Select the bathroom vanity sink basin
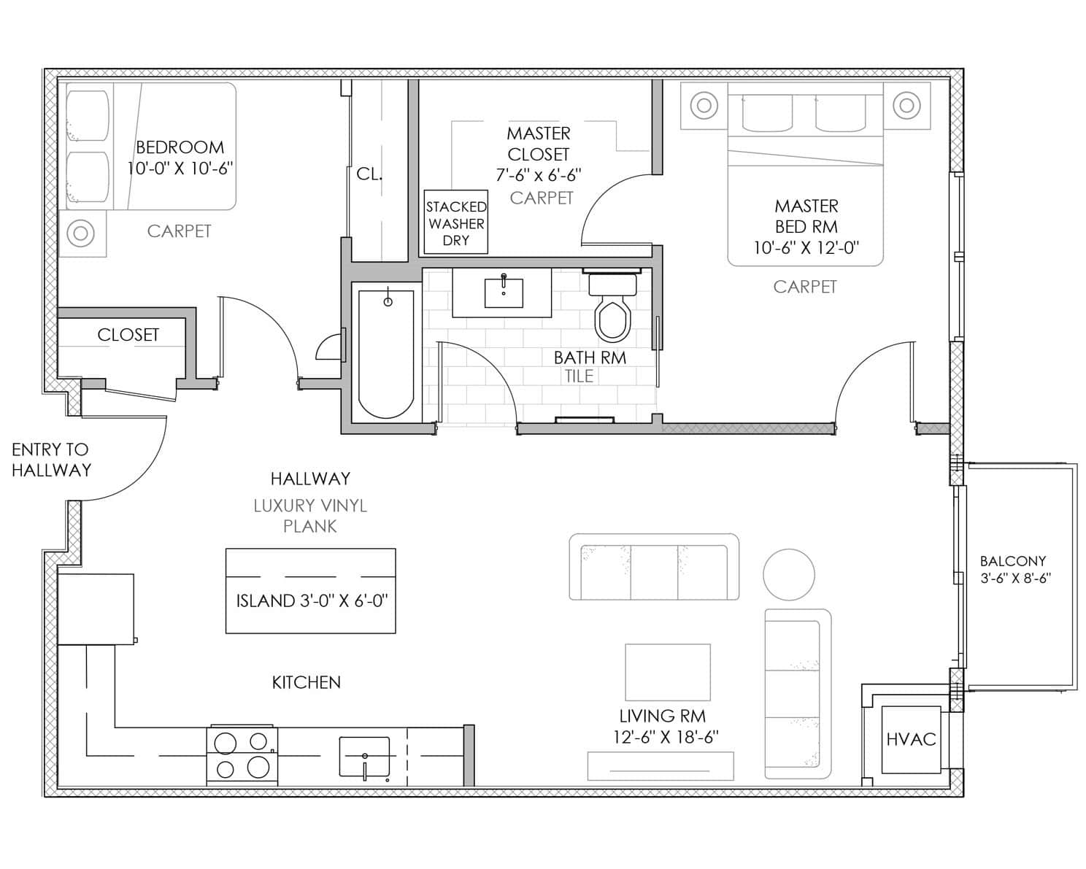pyautogui.click(x=503, y=293)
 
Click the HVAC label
pyautogui.click(x=911, y=739)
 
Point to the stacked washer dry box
pyautogui.click(x=455, y=222)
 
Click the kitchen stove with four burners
pyautogui.click(x=242, y=755)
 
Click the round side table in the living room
pyautogui.click(x=789, y=575)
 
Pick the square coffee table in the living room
pyautogui.click(x=668, y=672)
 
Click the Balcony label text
pyautogui.click(x=1013, y=560)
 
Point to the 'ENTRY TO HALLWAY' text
pyautogui.click(x=51, y=460)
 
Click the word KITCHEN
pyautogui.click(x=307, y=683)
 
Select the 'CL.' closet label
pyautogui.click(x=369, y=174)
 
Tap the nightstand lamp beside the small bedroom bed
pyautogui.click(x=81, y=233)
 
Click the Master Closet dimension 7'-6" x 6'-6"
pyautogui.click(x=539, y=175)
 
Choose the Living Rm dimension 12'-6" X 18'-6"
pyautogui.click(x=666, y=738)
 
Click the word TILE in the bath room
pyautogui.click(x=579, y=376)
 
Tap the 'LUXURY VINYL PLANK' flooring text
pyautogui.click(x=310, y=516)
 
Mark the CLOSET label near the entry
pyautogui.click(x=128, y=335)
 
